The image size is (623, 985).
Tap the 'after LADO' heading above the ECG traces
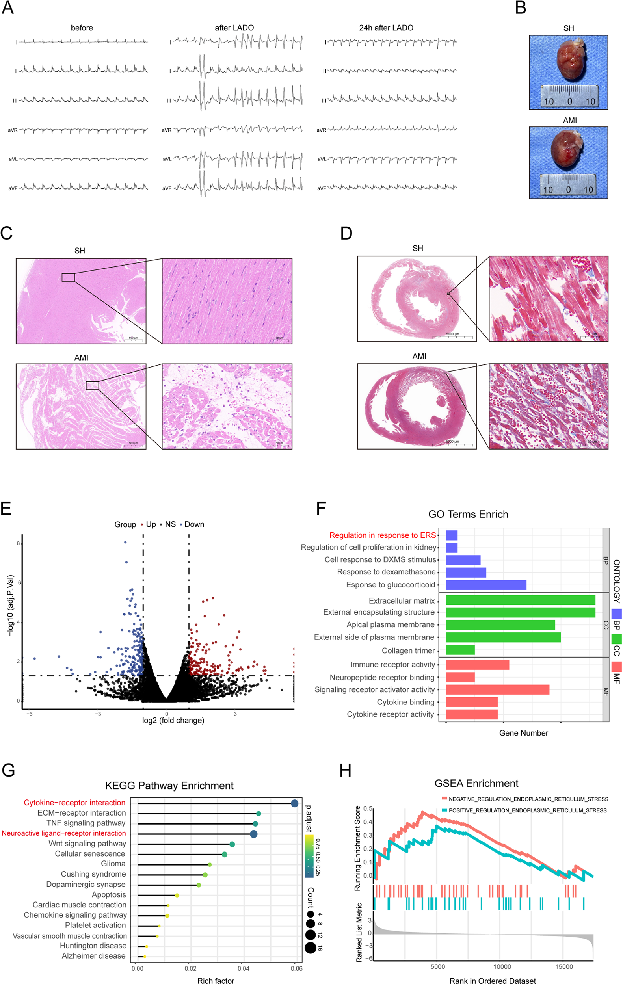[x=234, y=28]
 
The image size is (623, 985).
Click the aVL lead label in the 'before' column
[x=13, y=159]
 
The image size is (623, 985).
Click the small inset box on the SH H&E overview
[x=68, y=277]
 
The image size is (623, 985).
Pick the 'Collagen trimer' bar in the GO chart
[x=460, y=650]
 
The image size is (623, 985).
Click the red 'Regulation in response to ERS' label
[x=382, y=535]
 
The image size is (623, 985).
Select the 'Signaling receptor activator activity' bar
[x=497, y=689]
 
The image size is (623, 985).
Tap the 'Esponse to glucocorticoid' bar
[x=485, y=585]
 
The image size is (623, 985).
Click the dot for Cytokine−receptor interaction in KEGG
[x=294, y=803]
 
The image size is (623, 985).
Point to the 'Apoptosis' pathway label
[x=108, y=895]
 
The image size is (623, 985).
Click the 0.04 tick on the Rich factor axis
[x=243, y=968]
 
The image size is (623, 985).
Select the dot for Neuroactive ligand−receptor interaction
[x=253, y=834]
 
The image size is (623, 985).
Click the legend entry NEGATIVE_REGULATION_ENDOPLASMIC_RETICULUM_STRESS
[x=528, y=799]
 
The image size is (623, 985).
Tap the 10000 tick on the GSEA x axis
[x=502, y=966]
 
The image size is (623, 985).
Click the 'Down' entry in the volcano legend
[x=194, y=524]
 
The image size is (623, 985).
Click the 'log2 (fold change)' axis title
[x=173, y=720]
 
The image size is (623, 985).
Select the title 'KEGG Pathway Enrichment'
[x=169, y=785]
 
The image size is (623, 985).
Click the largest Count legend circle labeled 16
[x=310, y=948]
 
